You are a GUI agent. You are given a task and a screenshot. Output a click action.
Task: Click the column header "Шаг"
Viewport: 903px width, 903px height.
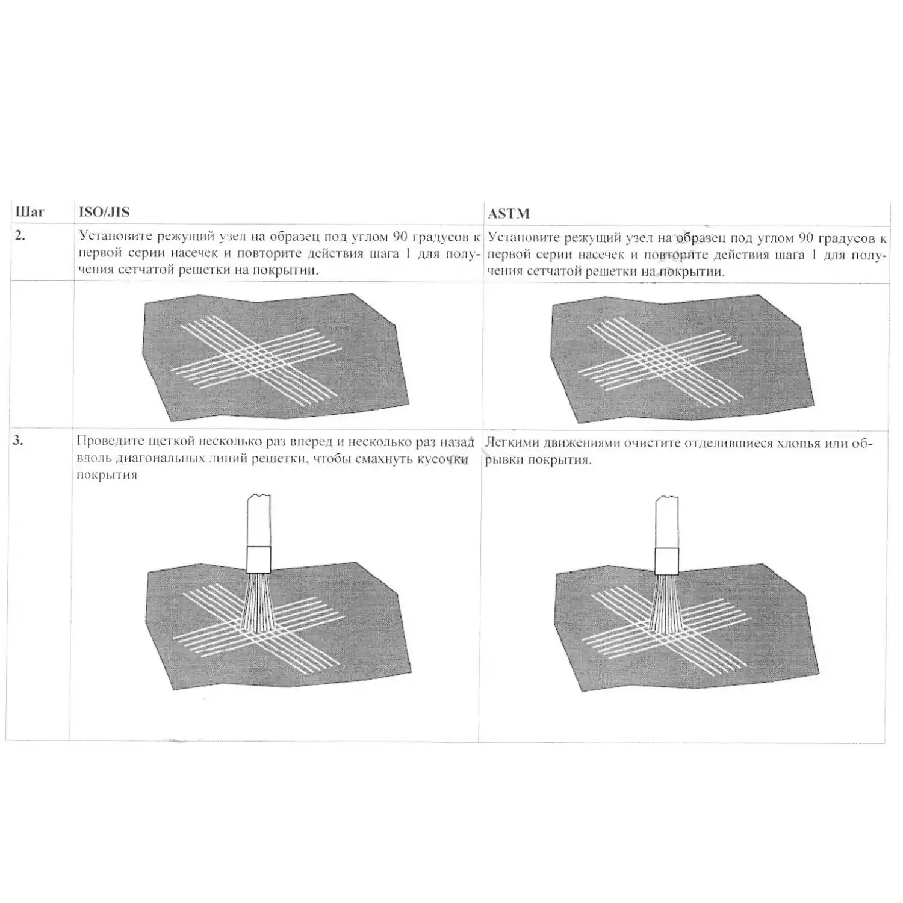click(x=29, y=213)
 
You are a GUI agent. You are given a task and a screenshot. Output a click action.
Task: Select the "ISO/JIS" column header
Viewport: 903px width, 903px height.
click(x=104, y=212)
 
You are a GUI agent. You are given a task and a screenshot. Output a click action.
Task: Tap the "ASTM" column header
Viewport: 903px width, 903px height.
click(x=509, y=213)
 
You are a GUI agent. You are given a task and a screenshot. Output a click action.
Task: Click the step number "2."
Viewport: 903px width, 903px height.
click(x=20, y=235)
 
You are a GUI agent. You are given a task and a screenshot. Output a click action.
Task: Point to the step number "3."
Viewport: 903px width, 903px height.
click(x=19, y=440)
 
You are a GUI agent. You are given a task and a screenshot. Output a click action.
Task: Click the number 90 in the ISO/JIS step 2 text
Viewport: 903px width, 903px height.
click(x=400, y=236)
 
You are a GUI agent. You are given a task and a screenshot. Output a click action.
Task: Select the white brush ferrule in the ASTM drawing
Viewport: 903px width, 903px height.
click(x=667, y=560)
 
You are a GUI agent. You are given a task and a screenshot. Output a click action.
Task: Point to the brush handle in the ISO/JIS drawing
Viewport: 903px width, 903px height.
click(x=259, y=520)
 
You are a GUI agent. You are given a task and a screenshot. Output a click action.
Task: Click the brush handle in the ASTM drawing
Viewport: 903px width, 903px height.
click(x=667, y=521)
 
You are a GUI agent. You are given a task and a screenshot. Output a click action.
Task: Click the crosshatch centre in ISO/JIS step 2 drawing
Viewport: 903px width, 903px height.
click(x=258, y=352)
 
